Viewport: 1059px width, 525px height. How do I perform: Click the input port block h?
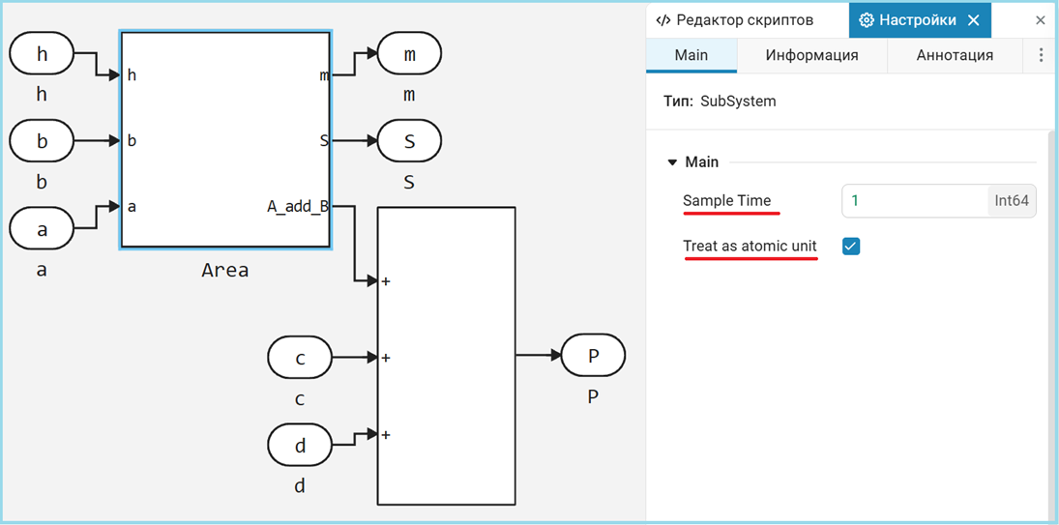(42, 54)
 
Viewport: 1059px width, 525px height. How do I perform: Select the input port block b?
(42, 141)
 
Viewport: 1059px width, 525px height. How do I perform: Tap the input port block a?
(42, 229)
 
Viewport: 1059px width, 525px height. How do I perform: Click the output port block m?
(409, 54)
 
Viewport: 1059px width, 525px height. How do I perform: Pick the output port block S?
(409, 141)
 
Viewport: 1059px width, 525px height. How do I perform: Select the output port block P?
(593, 356)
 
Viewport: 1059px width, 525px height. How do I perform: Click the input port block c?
(300, 358)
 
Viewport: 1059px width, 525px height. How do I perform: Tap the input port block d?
(300, 445)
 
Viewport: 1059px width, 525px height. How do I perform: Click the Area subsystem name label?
(225, 271)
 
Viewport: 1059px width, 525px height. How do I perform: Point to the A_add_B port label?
(297, 206)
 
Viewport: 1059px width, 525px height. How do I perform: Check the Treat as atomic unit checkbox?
(851, 247)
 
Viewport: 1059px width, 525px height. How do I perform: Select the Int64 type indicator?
(1012, 201)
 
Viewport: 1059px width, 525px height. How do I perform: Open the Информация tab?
(811, 55)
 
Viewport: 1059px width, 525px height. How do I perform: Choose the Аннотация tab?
(955, 55)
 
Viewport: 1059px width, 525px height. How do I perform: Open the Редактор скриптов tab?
(734, 20)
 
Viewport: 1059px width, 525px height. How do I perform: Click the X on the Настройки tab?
(974, 20)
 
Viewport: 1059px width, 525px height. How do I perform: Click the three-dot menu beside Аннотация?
(1041, 55)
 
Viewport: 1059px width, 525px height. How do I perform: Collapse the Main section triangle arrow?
(672, 162)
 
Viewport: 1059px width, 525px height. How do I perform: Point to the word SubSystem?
(738, 101)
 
